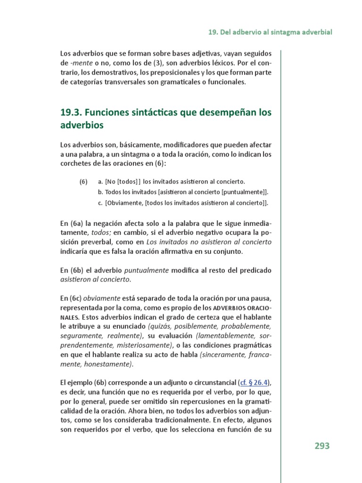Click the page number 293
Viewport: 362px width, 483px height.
point(322,446)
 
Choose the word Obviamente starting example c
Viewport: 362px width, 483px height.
point(124,203)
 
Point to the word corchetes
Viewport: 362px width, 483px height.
point(76,164)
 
